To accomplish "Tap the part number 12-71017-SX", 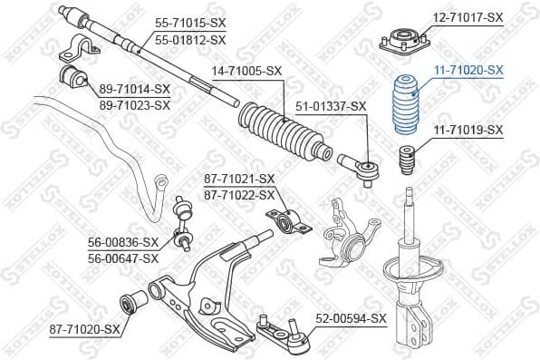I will coord(467,17).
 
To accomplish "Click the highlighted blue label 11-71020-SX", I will coord(468,69).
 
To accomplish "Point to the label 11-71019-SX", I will coord(467,131).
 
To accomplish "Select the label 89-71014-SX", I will coord(135,88).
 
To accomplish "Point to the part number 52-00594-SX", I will coord(352,318).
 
